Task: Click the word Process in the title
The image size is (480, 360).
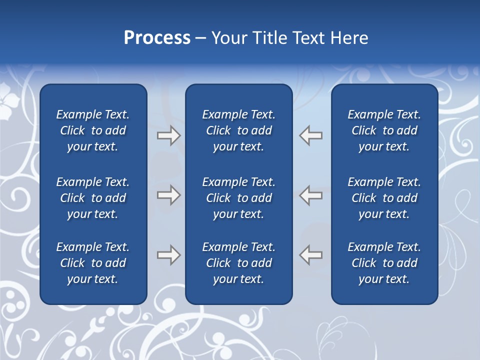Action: (157, 38)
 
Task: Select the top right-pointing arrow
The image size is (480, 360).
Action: (168, 135)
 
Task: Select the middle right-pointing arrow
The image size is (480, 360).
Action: (168, 195)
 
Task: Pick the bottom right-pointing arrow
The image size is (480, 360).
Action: (168, 254)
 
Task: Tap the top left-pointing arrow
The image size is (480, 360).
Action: (310, 135)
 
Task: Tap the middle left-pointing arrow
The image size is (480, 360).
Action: (310, 195)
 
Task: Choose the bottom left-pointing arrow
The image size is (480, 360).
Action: (310, 254)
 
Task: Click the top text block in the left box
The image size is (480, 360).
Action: (93, 130)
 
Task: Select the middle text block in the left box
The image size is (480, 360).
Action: (93, 198)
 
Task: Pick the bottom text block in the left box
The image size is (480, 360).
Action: (93, 263)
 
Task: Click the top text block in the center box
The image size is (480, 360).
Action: (238, 130)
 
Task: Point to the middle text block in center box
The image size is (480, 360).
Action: (238, 198)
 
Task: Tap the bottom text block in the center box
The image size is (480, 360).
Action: (238, 263)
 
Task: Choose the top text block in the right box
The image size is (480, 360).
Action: (384, 130)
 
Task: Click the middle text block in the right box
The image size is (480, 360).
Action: (384, 198)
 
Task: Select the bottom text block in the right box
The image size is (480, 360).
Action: (384, 263)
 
